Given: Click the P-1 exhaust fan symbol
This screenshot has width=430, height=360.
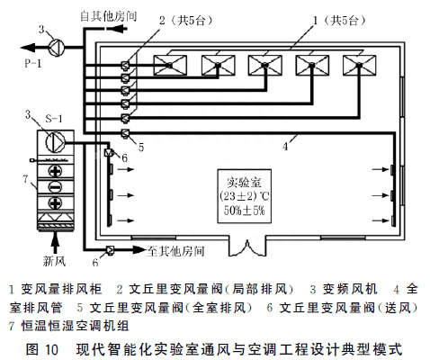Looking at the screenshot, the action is click(x=57, y=48).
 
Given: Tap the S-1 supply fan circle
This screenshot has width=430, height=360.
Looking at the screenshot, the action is click(x=55, y=141).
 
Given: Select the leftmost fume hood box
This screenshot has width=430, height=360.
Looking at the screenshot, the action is click(x=170, y=65).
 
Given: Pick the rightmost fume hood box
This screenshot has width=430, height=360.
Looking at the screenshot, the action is click(x=359, y=65).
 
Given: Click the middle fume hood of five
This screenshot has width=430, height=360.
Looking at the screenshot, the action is click(x=264, y=65).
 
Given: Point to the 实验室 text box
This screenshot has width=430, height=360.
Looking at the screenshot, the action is click(x=245, y=196).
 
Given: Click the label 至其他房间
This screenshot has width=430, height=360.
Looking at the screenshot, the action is click(x=175, y=251).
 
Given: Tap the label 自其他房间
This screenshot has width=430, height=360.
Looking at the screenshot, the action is click(x=109, y=16).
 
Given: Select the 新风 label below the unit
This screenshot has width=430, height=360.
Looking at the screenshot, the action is click(x=54, y=261).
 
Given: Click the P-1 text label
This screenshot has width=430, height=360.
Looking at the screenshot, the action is click(x=33, y=63).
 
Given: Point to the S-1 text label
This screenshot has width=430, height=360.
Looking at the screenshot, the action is click(x=54, y=119).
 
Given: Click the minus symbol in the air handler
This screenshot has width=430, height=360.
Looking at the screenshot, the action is click(x=55, y=187).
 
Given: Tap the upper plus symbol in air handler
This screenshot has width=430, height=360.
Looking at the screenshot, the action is click(x=55, y=171).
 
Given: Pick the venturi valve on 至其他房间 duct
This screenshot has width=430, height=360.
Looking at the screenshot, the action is click(x=110, y=249).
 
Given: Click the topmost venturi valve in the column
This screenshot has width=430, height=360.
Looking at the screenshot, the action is click(x=125, y=65).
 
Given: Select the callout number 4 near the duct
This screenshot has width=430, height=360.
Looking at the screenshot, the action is click(x=285, y=147).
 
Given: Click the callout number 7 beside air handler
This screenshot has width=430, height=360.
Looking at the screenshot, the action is click(x=26, y=179).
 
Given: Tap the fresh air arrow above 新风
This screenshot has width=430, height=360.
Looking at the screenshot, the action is click(x=55, y=242).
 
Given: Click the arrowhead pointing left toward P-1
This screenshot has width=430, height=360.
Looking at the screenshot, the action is click(x=28, y=48).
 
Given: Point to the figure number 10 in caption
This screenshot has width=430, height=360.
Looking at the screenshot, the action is click(x=51, y=349).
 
